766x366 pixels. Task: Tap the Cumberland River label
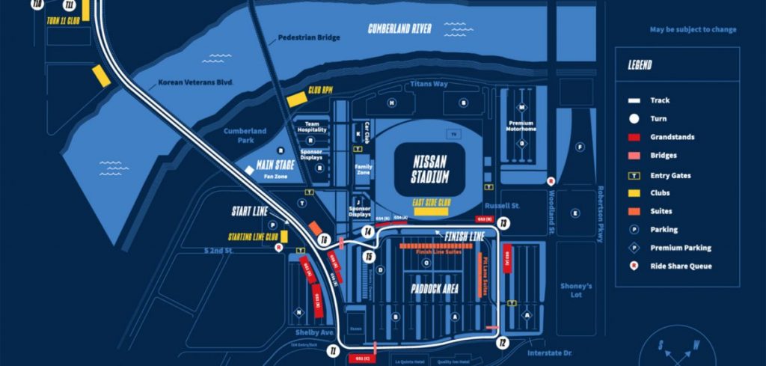(x=399, y=29)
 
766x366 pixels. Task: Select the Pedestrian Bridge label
(x=309, y=37)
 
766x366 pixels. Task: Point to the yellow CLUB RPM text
(x=316, y=90)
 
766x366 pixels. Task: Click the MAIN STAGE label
(x=275, y=165)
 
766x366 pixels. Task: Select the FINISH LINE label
(x=465, y=237)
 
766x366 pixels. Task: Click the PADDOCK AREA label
(x=435, y=288)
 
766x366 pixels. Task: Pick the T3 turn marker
(x=503, y=222)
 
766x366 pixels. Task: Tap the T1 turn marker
(x=333, y=350)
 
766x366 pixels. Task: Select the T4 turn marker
(x=368, y=232)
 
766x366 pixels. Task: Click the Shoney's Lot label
(x=576, y=290)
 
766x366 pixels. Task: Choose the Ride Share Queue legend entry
(x=680, y=266)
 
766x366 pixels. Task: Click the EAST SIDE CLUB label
(x=431, y=202)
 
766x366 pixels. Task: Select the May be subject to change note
(x=693, y=30)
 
